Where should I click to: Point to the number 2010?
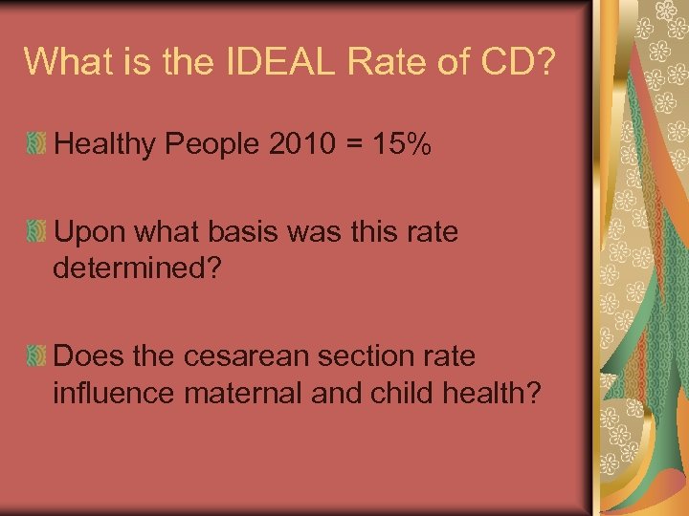(x=303, y=146)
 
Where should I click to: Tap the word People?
(x=212, y=146)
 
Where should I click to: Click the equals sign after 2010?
(x=350, y=147)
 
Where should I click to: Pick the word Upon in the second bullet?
(x=89, y=232)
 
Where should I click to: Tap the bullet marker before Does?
(x=36, y=356)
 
